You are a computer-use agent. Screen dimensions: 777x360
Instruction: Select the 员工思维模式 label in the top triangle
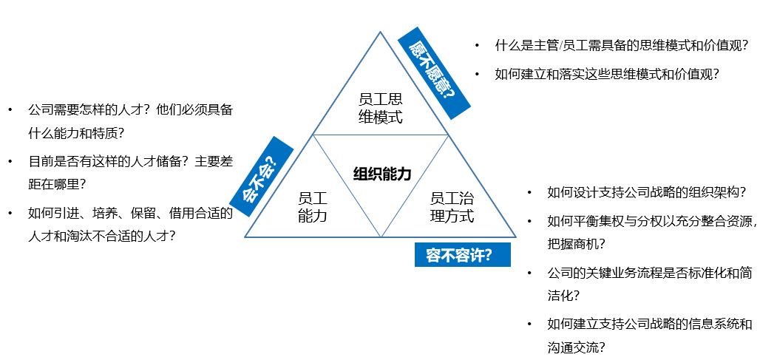pyautogui.click(x=380, y=108)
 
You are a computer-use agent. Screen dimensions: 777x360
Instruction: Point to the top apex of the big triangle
pyautogui.click(x=381, y=32)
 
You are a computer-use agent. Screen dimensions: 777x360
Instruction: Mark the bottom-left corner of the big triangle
pyautogui.click(x=245, y=237)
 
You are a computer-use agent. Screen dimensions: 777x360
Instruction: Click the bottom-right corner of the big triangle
pyautogui.click(x=515, y=237)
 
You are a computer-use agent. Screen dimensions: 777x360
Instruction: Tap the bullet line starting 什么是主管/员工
pyautogui.click(x=622, y=46)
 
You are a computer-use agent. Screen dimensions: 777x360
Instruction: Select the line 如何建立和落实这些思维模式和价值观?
pyautogui.click(x=607, y=74)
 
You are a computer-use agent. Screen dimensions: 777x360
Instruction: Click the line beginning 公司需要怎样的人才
pyautogui.click(x=130, y=109)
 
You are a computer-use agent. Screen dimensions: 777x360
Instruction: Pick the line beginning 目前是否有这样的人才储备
pyautogui.click(x=130, y=161)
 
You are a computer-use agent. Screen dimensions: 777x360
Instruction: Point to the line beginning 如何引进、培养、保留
pyautogui.click(x=130, y=214)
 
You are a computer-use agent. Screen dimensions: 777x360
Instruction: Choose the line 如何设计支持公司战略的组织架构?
pyautogui.click(x=646, y=192)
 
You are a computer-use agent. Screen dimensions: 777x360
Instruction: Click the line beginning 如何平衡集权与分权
pyautogui.click(x=651, y=221)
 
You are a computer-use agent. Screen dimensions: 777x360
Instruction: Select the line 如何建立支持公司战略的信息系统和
pyautogui.click(x=649, y=325)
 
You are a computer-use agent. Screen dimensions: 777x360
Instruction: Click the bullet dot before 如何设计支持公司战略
pyautogui.click(x=529, y=192)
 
